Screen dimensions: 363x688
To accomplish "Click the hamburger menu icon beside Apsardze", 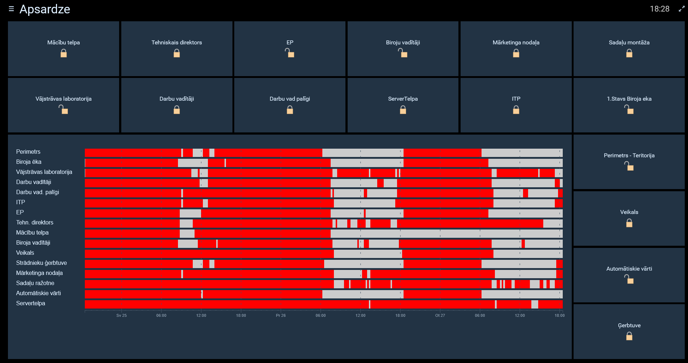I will [x=12, y=9].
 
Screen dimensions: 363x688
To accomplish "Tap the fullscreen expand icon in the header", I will [x=682, y=9].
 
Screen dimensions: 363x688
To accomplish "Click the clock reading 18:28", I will [x=659, y=9].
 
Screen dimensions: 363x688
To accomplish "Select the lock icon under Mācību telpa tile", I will [x=64, y=54].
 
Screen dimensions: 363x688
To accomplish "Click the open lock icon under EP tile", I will [x=290, y=53].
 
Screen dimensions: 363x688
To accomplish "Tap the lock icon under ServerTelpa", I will [x=403, y=110].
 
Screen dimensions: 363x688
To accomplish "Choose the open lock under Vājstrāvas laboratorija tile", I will [x=64, y=110].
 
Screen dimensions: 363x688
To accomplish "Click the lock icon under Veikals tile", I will [x=629, y=223].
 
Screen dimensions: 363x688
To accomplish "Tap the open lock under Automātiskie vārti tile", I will [x=629, y=279].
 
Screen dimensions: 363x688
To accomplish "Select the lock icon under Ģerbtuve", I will [x=629, y=336].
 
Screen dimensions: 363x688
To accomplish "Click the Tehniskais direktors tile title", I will [x=177, y=43].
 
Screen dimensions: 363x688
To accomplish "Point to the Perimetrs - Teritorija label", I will [x=629, y=156].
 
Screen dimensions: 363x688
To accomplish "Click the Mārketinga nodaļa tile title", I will [x=516, y=43].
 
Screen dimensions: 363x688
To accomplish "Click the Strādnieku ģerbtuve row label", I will [x=42, y=263].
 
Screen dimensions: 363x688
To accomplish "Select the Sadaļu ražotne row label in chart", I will [x=35, y=283].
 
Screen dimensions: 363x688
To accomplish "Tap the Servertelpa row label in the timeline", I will [x=31, y=303].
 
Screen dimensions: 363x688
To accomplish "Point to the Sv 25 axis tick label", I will [x=121, y=315].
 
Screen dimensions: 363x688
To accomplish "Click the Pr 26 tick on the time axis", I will [x=280, y=315].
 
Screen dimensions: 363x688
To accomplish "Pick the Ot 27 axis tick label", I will [x=440, y=315].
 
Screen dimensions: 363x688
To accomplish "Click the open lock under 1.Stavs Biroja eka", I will [x=629, y=110].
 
